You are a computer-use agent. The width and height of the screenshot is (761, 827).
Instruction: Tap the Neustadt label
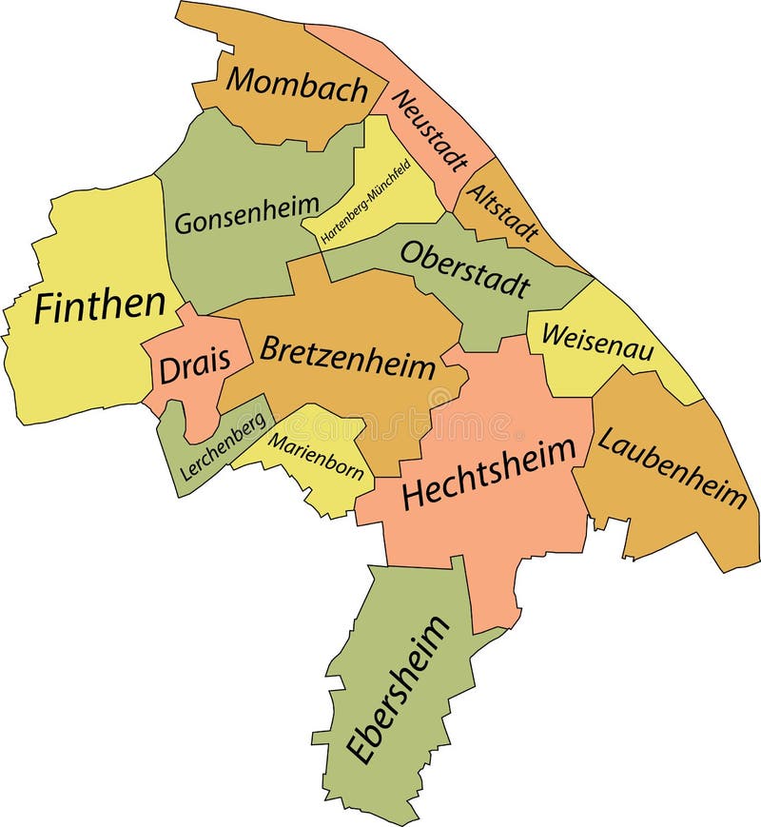(x=430, y=130)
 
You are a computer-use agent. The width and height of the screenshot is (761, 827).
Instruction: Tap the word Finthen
(x=99, y=306)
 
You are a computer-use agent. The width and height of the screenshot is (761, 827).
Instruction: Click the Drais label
(x=195, y=366)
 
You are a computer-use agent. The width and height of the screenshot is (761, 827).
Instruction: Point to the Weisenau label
(x=597, y=340)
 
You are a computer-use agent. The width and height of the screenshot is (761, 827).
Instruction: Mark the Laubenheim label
(x=672, y=467)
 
